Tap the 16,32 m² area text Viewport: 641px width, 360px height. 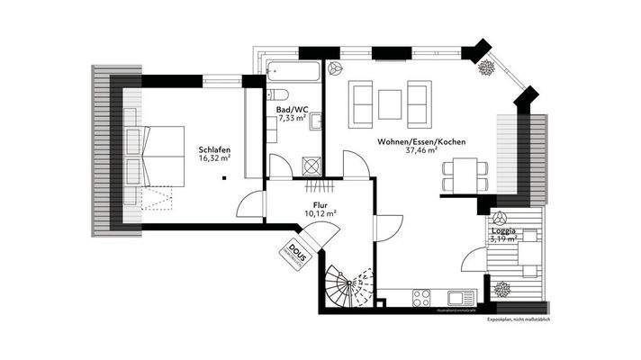213,158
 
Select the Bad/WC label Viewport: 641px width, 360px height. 293,108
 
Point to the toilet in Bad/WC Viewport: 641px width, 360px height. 275,94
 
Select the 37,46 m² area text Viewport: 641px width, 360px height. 420,151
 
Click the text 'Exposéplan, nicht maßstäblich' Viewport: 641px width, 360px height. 518,319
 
